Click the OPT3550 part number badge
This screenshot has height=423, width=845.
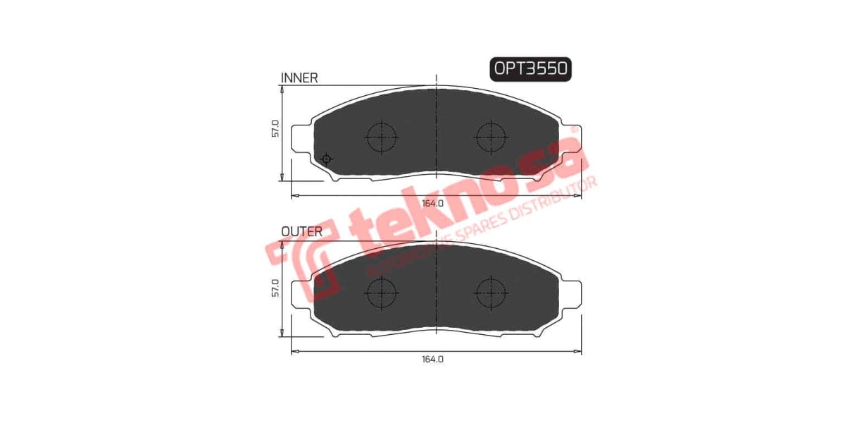(530, 69)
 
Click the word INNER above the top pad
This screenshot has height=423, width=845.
(299, 78)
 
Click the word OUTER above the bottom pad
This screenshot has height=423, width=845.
(301, 231)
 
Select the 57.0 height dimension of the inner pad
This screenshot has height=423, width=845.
(275, 129)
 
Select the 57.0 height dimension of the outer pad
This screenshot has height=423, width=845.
(275, 288)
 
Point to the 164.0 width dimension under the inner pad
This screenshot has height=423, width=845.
(432, 204)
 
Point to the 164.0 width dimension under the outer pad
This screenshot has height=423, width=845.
(432, 359)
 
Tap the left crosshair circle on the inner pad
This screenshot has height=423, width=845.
(382, 136)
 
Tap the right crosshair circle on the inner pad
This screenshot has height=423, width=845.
(491, 136)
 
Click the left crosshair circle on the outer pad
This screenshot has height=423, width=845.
(382, 291)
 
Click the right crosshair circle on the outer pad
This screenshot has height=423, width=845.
(491, 291)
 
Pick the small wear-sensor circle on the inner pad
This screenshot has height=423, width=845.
(326, 159)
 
